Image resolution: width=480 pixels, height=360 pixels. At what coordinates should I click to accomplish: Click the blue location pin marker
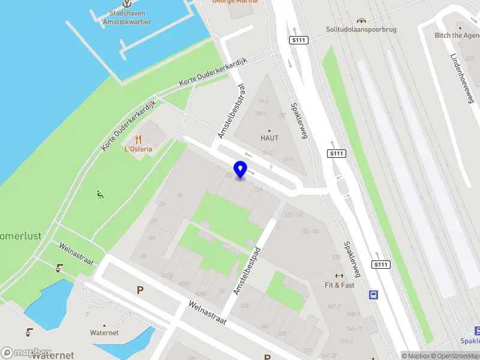(240, 170)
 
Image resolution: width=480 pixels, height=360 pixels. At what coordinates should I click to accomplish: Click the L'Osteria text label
(138, 149)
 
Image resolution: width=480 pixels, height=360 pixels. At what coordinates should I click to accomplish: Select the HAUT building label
(269, 138)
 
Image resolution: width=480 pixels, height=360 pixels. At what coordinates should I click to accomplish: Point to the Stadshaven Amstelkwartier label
(130, 17)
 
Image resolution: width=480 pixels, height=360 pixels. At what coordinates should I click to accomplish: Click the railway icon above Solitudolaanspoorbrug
(362, 20)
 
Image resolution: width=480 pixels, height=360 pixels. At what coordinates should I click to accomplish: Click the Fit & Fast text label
(340, 285)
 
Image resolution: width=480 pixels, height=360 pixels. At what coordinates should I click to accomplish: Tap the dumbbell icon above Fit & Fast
(340, 275)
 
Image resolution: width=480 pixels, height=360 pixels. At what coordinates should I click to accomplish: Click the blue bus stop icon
(374, 295)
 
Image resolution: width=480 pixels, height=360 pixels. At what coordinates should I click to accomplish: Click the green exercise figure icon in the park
(100, 194)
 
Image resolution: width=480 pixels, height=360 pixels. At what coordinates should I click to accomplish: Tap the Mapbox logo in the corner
(26, 352)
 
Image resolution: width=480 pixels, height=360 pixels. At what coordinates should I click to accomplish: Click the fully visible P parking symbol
(140, 290)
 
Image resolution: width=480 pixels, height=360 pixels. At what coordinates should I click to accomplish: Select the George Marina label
(235, 2)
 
